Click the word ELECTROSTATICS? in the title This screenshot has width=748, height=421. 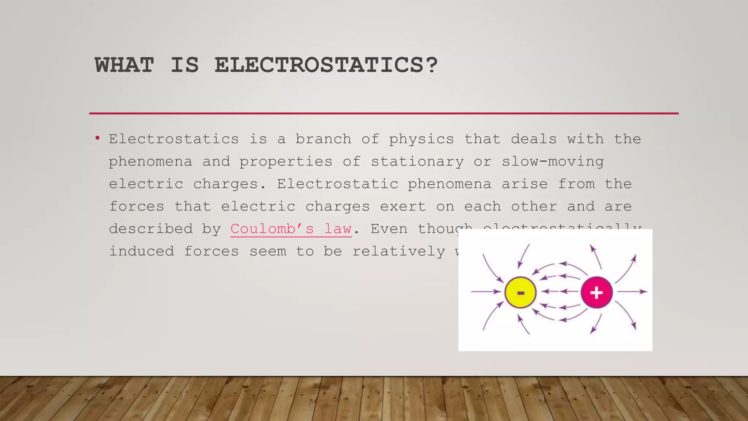click(x=326, y=65)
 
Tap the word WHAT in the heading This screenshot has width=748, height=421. click(x=124, y=65)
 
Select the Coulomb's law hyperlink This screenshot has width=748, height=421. click(x=291, y=229)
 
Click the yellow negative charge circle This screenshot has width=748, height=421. click(x=520, y=292)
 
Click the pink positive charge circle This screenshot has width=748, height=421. click(x=596, y=292)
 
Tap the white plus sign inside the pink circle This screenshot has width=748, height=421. click(x=596, y=293)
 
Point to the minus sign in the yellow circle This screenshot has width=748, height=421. click(x=521, y=293)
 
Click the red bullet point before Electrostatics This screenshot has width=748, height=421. click(x=97, y=138)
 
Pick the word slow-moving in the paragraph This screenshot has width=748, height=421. click(x=553, y=162)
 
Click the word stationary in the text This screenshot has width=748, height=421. click(x=417, y=162)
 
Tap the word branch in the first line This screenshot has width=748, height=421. click(x=323, y=139)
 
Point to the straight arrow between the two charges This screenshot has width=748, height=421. click(x=559, y=292)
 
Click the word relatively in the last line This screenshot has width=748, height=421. click(x=398, y=251)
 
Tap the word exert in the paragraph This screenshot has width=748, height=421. click(x=403, y=206)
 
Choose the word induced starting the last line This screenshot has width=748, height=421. click(x=142, y=251)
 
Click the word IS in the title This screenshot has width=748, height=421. click(x=184, y=65)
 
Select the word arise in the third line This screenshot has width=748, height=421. click(x=524, y=184)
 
